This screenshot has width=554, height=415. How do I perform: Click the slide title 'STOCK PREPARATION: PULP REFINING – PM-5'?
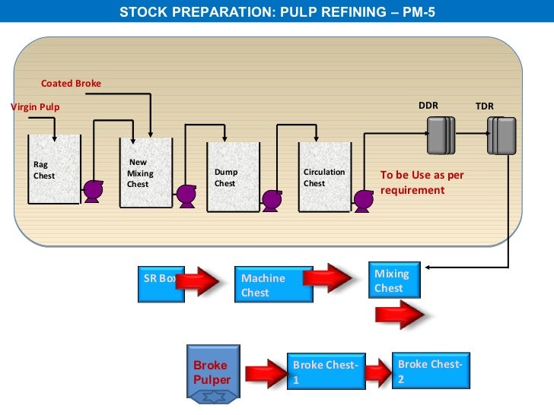click(277, 11)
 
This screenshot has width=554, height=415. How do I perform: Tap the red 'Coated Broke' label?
click(71, 83)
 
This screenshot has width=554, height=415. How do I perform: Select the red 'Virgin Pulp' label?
click(35, 107)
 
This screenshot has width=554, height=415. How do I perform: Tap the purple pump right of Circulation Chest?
click(363, 200)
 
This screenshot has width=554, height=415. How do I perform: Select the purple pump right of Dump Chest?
click(271, 200)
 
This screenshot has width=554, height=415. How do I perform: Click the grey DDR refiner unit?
click(439, 135)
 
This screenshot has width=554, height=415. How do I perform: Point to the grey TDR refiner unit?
click(501, 136)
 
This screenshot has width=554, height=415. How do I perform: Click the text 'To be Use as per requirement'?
click(422, 182)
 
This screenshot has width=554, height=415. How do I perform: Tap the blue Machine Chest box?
click(273, 285)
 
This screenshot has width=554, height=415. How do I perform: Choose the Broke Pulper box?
click(213, 372)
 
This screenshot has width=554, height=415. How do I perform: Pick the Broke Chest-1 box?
click(326, 372)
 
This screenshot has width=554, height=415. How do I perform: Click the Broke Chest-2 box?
click(431, 370)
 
